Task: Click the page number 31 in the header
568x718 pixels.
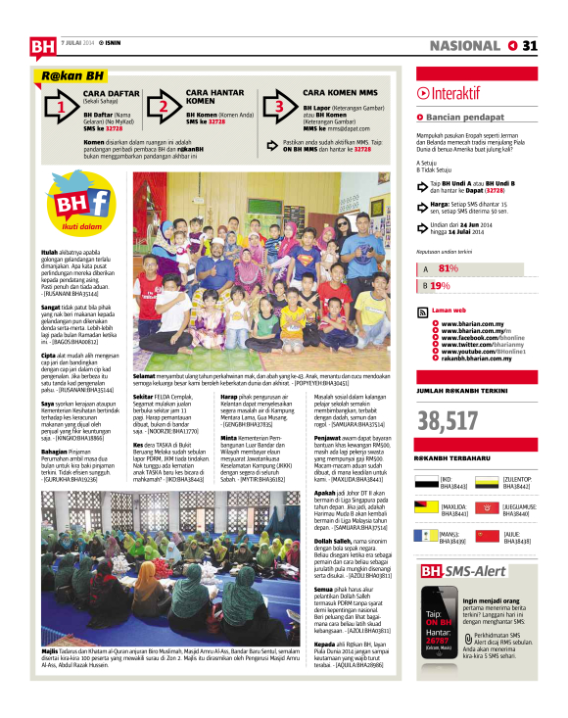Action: [x=529, y=45]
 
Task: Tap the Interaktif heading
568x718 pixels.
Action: [x=455, y=93]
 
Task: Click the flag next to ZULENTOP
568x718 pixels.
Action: [x=487, y=480]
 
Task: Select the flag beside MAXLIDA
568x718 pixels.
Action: [x=426, y=507]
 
